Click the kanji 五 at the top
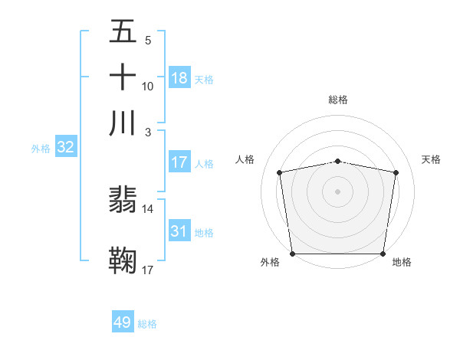(x=123, y=33)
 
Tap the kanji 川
(x=123, y=123)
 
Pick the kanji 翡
(x=123, y=201)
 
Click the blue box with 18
(x=179, y=78)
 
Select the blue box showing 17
(x=179, y=162)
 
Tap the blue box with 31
(x=179, y=231)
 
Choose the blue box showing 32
(x=65, y=148)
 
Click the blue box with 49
(x=123, y=322)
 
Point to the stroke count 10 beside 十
(x=148, y=86)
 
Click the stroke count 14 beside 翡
(x=148, y=208)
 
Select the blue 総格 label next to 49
(x=148, y=324)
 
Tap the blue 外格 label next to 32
(x=40, y=149)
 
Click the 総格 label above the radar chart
(x=338, y=100)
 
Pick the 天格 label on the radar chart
(x=432, y=159)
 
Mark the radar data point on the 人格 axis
(x=280, y=172)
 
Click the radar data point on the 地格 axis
(x=383, y=254)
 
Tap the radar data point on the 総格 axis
(x=338, y=161)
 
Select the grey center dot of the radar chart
(x=338, y=191)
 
